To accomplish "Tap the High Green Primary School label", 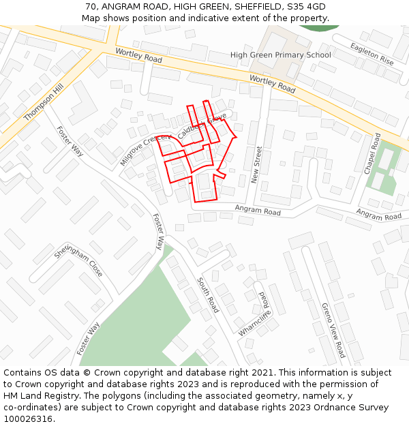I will click(280, 55).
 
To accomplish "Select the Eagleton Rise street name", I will click(372, 54).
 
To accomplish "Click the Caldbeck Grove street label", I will click(201, 126).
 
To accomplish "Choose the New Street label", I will click(257, 164).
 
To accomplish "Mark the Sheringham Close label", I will click(78, 261).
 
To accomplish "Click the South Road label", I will click(209, 295).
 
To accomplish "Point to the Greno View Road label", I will click(334, 330).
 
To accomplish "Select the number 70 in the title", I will click(91, 7).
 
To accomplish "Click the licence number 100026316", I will click(28, 419).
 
